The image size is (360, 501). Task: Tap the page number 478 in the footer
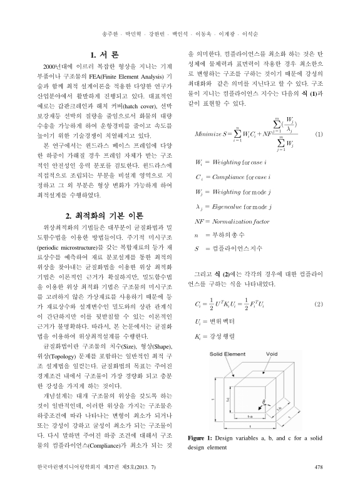[317, 484]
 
